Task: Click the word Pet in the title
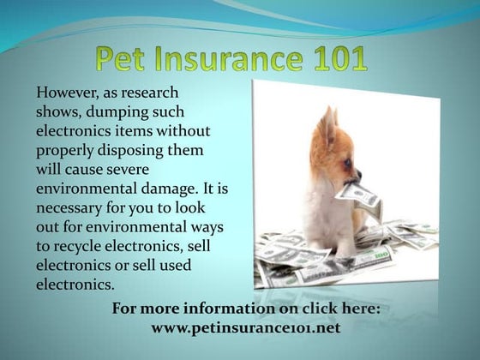(x=120, y=58)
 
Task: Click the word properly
(x=64, y=151)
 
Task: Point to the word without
(x=183, y=131)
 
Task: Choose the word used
(x=177, y=265)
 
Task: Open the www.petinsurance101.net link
(x=246, y=327)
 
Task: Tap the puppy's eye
(x=348, y=163)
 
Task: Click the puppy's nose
(x=359, y=175)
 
